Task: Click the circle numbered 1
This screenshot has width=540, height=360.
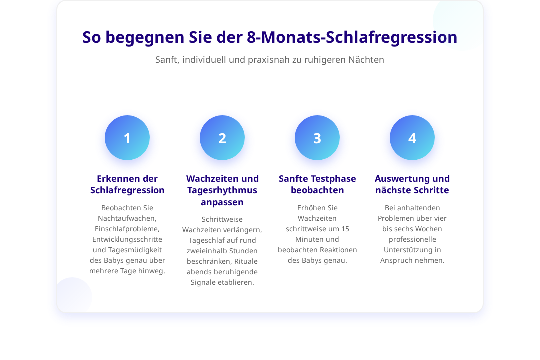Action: [x=127, y=138]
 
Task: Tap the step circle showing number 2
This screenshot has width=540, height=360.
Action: [x=222, y=138]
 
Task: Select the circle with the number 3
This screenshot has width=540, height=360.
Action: [x=317, y=138]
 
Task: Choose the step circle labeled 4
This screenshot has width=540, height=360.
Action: [x=412, y=138]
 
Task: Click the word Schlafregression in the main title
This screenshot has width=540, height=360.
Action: [x=391, y=37]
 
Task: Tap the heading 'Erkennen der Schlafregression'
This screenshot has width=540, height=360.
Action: [x=127, y=184]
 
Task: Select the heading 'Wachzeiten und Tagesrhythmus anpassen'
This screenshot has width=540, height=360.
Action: [x=222, y=190]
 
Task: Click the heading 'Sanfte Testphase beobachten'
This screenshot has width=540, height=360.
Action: [x=317, y=184]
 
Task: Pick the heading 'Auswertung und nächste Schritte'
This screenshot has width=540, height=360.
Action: [x=412, y=184]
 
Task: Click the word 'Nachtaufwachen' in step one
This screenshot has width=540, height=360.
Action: [x=126, y=219]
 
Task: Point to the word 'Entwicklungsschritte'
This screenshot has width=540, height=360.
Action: [x=127, y=239]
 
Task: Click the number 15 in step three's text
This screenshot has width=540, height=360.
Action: [x=345, y=229]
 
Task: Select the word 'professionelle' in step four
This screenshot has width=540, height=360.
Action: [x=412, y=240]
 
